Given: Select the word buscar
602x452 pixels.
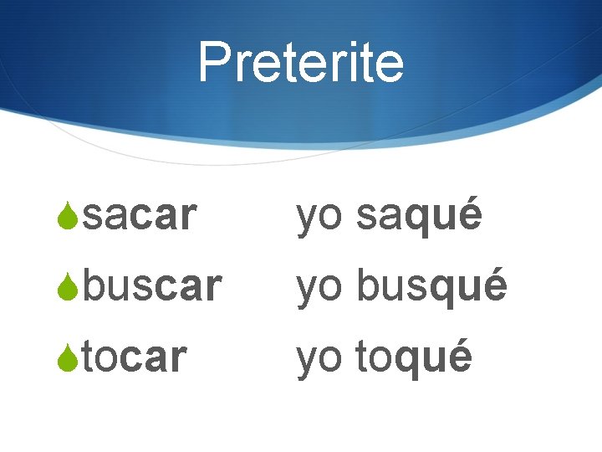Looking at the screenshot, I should click(153, 286).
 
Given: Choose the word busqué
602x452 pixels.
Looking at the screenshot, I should click(431, 286).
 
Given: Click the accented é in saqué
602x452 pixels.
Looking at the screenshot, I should click(470, 215).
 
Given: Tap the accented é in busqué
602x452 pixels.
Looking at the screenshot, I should click(495, 285).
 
